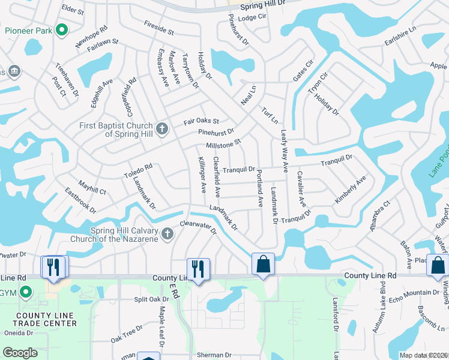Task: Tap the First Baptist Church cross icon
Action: [x=161, y=128]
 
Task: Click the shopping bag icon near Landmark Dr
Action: [x=263, y=264]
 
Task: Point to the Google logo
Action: [x=20, y=353]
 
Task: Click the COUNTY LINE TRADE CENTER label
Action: [x=46, y=319]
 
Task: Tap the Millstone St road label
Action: [x=223, y=144]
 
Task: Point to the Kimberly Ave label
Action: [x=350, y=190]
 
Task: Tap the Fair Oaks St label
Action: [x=201, y=122]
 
